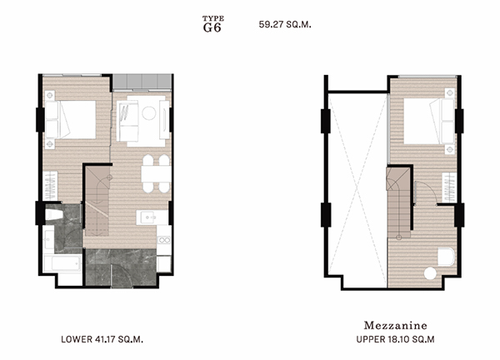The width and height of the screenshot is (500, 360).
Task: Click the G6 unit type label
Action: (212, 27)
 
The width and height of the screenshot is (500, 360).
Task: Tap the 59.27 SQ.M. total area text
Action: (285, 24)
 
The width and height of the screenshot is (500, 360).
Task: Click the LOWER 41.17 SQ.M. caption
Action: (102, 339)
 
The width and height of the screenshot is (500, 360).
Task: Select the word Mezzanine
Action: (395, 325)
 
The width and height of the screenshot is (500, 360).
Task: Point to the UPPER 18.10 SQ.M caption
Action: (395, 339)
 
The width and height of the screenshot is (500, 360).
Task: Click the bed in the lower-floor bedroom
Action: (71, 119)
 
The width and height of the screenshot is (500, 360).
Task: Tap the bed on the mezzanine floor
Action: (429, 121)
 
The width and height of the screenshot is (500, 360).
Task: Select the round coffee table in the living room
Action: (149, 113)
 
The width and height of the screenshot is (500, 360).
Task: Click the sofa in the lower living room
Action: (127, 121)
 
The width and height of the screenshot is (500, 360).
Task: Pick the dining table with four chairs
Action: (156, 174)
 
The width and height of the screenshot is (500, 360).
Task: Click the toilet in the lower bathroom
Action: (54, 215)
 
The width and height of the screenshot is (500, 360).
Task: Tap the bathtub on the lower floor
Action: (62, 263)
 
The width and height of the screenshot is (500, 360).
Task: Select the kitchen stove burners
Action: (164, 240)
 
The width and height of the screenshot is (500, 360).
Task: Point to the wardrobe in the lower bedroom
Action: (50, 186)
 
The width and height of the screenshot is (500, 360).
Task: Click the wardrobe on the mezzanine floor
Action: (449, 187)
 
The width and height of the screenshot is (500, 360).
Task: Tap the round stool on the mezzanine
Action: (430, 273)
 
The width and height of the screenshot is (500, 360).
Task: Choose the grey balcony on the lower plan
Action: (142, 82)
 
